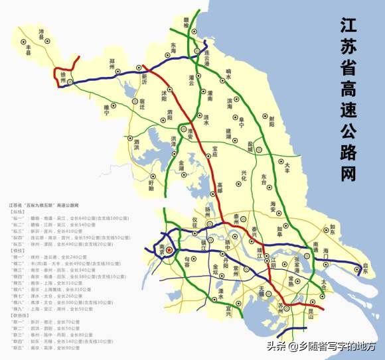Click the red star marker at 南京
(169, 250)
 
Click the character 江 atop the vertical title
(349, 27)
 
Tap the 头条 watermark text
(276, 345)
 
